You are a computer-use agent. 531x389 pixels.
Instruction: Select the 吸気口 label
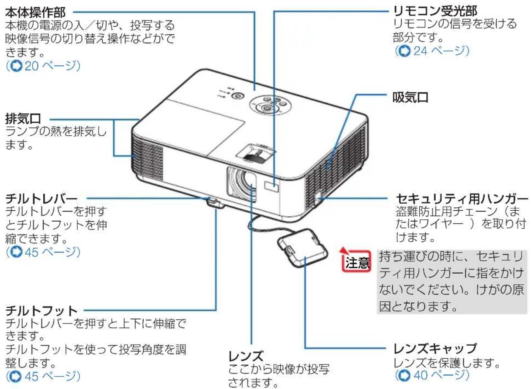410,97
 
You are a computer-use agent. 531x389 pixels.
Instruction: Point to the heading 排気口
23,119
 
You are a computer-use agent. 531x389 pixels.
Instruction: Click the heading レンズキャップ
435,349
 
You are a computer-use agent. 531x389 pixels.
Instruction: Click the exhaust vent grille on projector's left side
147,159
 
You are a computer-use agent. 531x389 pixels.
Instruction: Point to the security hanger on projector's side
318,200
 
